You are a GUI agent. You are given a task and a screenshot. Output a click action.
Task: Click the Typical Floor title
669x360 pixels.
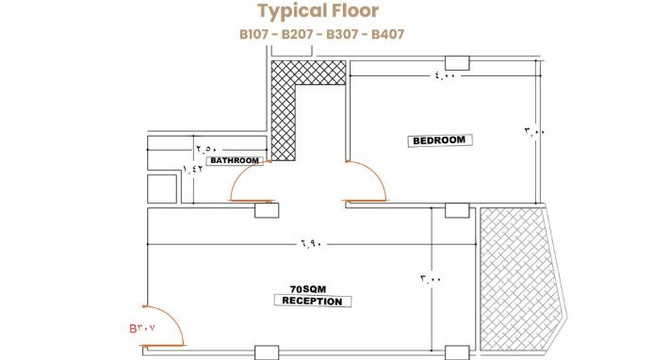click(318, 11)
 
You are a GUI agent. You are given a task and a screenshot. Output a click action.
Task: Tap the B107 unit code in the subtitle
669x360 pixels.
click(254, 34)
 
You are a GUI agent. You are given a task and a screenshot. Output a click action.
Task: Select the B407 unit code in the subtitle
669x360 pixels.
click(387, 34)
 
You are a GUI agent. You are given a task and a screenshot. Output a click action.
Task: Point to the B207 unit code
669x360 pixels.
click(298, 34)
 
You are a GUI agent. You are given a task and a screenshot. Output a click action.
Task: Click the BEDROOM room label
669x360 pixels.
click(439, 140)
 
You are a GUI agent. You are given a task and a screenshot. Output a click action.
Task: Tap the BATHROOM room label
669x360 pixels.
click(235, 160)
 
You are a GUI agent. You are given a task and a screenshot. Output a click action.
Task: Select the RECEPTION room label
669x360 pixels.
click(312, 302)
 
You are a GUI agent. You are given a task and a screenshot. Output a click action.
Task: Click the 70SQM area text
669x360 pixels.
click(308, 289)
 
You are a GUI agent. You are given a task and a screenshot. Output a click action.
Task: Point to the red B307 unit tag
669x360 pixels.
click(142, 329)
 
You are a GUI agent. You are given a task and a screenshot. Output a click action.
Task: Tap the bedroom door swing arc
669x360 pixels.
click(378, 174)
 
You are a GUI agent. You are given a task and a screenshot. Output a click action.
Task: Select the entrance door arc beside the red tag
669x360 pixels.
click(176, 321)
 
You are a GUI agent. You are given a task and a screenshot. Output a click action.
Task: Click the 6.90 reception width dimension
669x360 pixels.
click(311, 244)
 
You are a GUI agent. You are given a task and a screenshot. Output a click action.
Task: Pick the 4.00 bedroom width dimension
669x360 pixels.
click(445, 75)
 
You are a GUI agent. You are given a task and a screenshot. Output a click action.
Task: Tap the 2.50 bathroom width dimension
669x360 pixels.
click(206, 149)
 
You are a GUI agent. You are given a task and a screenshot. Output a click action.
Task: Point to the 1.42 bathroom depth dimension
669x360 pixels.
click(192, 169)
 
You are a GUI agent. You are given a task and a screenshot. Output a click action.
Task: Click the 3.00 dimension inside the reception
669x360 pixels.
click(431, 279)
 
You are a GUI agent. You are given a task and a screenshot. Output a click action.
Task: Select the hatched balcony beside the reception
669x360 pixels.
click(518, 279)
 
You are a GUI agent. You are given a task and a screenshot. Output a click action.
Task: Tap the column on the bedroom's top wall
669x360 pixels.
click(457, 63)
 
